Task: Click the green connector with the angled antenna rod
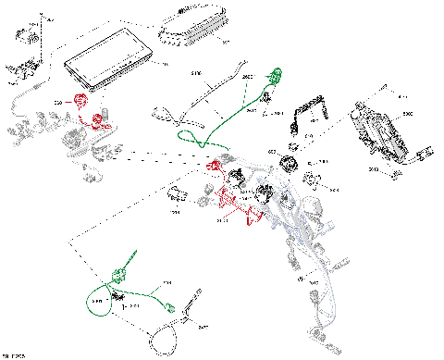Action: (120, 270)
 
